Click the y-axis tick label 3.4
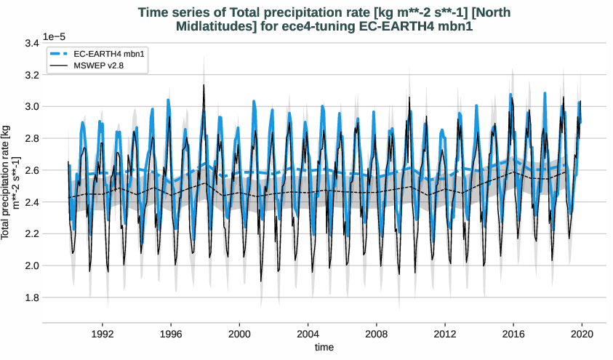(31, 43)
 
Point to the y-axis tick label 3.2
(31, 75)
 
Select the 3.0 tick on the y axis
(31, 106)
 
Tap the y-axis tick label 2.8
(31, 138)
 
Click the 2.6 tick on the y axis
(31, 170)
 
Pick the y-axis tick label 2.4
(31, 202)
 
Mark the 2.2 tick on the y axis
(31, 233)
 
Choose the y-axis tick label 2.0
(31, 265)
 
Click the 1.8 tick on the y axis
(31, 297)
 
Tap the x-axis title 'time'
(324, 348)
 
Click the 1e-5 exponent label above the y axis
(55, 36)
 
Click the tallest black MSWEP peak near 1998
(204, 85)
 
